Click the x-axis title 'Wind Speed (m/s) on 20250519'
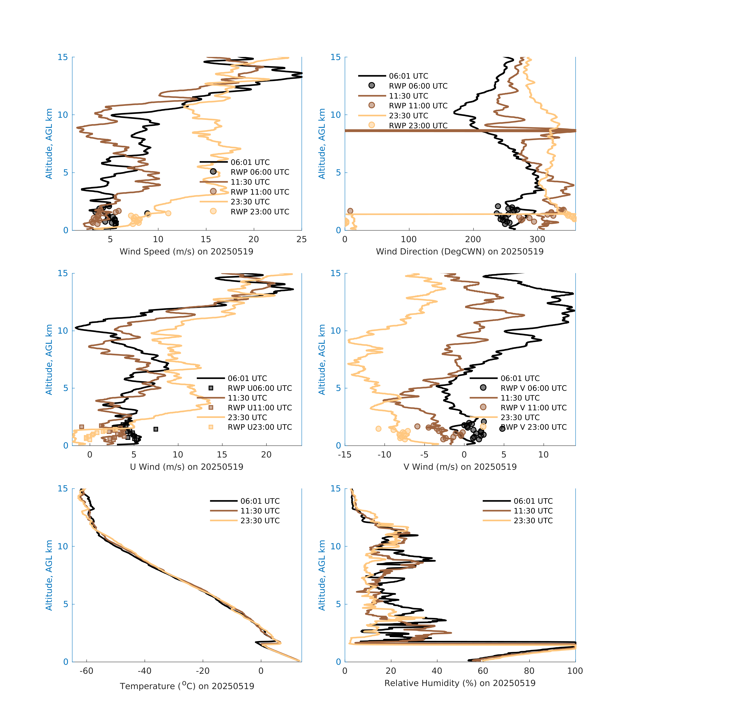186,252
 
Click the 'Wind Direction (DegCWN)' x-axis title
460,252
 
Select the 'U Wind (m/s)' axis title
186,467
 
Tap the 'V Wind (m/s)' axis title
460,467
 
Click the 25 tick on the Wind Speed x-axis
301,239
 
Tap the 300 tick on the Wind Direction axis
537,239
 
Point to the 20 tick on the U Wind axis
266,455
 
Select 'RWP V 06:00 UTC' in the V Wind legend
533,388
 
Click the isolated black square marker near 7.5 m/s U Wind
156,429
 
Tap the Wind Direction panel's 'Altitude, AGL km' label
322,143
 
